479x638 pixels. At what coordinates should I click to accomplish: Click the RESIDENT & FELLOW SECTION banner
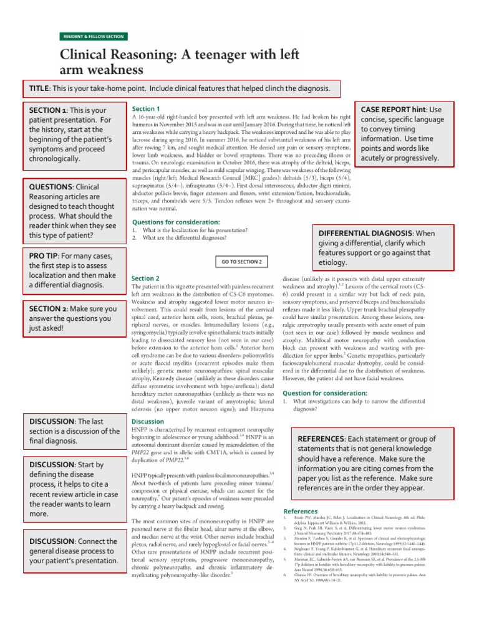tap(92, 37)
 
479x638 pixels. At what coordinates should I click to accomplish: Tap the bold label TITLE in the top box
tap(41, 88)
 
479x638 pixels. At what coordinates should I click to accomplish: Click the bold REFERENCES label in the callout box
tap(327, 439)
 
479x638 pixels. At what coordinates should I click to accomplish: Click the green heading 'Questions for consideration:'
tap(176, 222)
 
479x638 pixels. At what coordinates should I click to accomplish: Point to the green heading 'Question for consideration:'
tap(324, 393)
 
